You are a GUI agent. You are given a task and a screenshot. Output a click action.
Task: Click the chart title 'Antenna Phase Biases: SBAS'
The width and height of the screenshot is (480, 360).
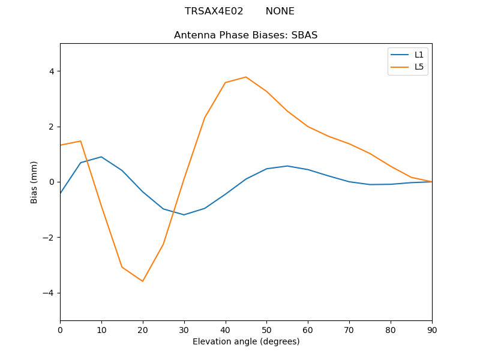tap(245, 35)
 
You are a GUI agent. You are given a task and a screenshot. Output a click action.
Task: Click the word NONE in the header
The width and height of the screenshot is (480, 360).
tap(280, 11)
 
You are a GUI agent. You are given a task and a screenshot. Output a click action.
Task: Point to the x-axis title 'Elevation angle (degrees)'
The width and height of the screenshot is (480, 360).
tap(245, 341)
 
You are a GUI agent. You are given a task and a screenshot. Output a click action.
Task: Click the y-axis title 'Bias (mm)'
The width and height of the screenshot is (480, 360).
tap(34, 182)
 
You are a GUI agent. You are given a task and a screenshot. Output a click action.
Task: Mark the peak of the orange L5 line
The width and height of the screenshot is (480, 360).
tap(246, 77)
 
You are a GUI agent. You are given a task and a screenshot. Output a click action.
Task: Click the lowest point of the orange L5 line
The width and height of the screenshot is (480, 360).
tap(143, 281)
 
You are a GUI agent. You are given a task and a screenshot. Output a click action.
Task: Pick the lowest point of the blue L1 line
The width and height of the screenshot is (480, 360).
tap(184, 215)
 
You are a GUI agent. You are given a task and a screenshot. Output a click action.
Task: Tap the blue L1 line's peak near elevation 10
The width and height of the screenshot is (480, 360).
tap(101, 157)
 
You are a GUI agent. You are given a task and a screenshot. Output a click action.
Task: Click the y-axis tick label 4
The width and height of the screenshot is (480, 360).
tap(51, 71)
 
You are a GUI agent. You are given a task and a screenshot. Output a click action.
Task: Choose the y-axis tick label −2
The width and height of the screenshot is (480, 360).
tap(49, 238)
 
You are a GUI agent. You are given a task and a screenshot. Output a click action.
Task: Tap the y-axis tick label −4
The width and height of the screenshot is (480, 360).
tap(49, 293)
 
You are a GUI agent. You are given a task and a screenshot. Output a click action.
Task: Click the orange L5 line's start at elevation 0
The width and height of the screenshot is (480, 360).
tap(61, 145)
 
